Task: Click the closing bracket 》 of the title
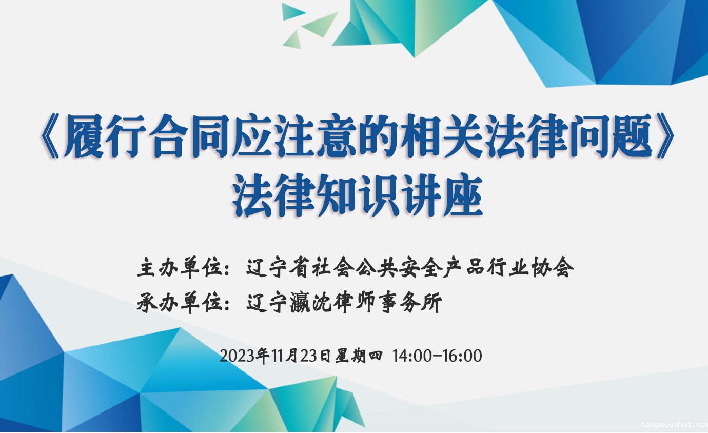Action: [664, 136]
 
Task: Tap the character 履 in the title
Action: [84, 136]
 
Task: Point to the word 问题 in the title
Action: [612, 136]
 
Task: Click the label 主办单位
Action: [179, 267]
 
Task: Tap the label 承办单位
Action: [179, 303]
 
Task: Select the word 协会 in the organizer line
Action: [553, 267]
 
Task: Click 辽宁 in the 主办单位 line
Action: [267, 267]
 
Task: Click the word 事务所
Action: [410, 303]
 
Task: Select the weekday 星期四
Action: [359, 356]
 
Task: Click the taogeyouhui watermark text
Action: [674, 425]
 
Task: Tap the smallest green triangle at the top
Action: [293, 40]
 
